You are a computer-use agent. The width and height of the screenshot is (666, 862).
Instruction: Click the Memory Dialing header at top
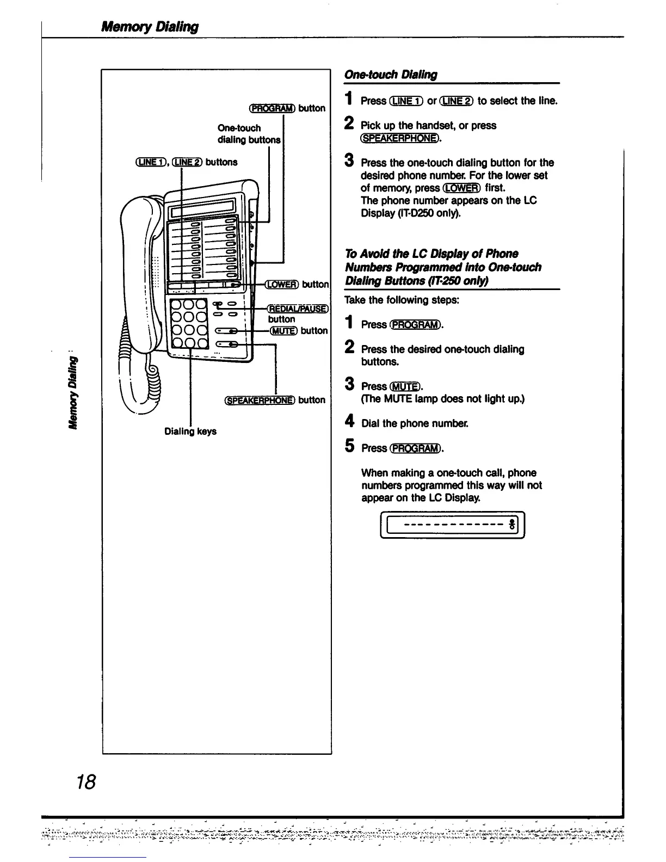click(150, 27)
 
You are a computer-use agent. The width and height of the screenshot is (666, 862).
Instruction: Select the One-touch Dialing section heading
click(391, 75)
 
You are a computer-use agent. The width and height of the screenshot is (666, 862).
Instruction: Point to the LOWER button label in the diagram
click(282, 284)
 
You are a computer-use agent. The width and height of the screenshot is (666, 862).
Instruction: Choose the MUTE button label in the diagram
click(283, 330)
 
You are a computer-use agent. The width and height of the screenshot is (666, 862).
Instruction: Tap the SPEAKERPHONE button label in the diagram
click(260, 400)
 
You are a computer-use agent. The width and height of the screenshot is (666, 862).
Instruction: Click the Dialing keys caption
click(190, 431)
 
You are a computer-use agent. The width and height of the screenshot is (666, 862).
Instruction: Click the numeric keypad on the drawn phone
click(189, 323)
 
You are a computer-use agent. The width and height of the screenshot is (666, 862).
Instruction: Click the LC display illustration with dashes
click(452, 525)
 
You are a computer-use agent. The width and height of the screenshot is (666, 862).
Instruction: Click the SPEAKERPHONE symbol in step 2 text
click(400, 138)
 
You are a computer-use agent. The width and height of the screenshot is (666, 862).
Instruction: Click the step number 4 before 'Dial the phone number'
click(350, 422)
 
